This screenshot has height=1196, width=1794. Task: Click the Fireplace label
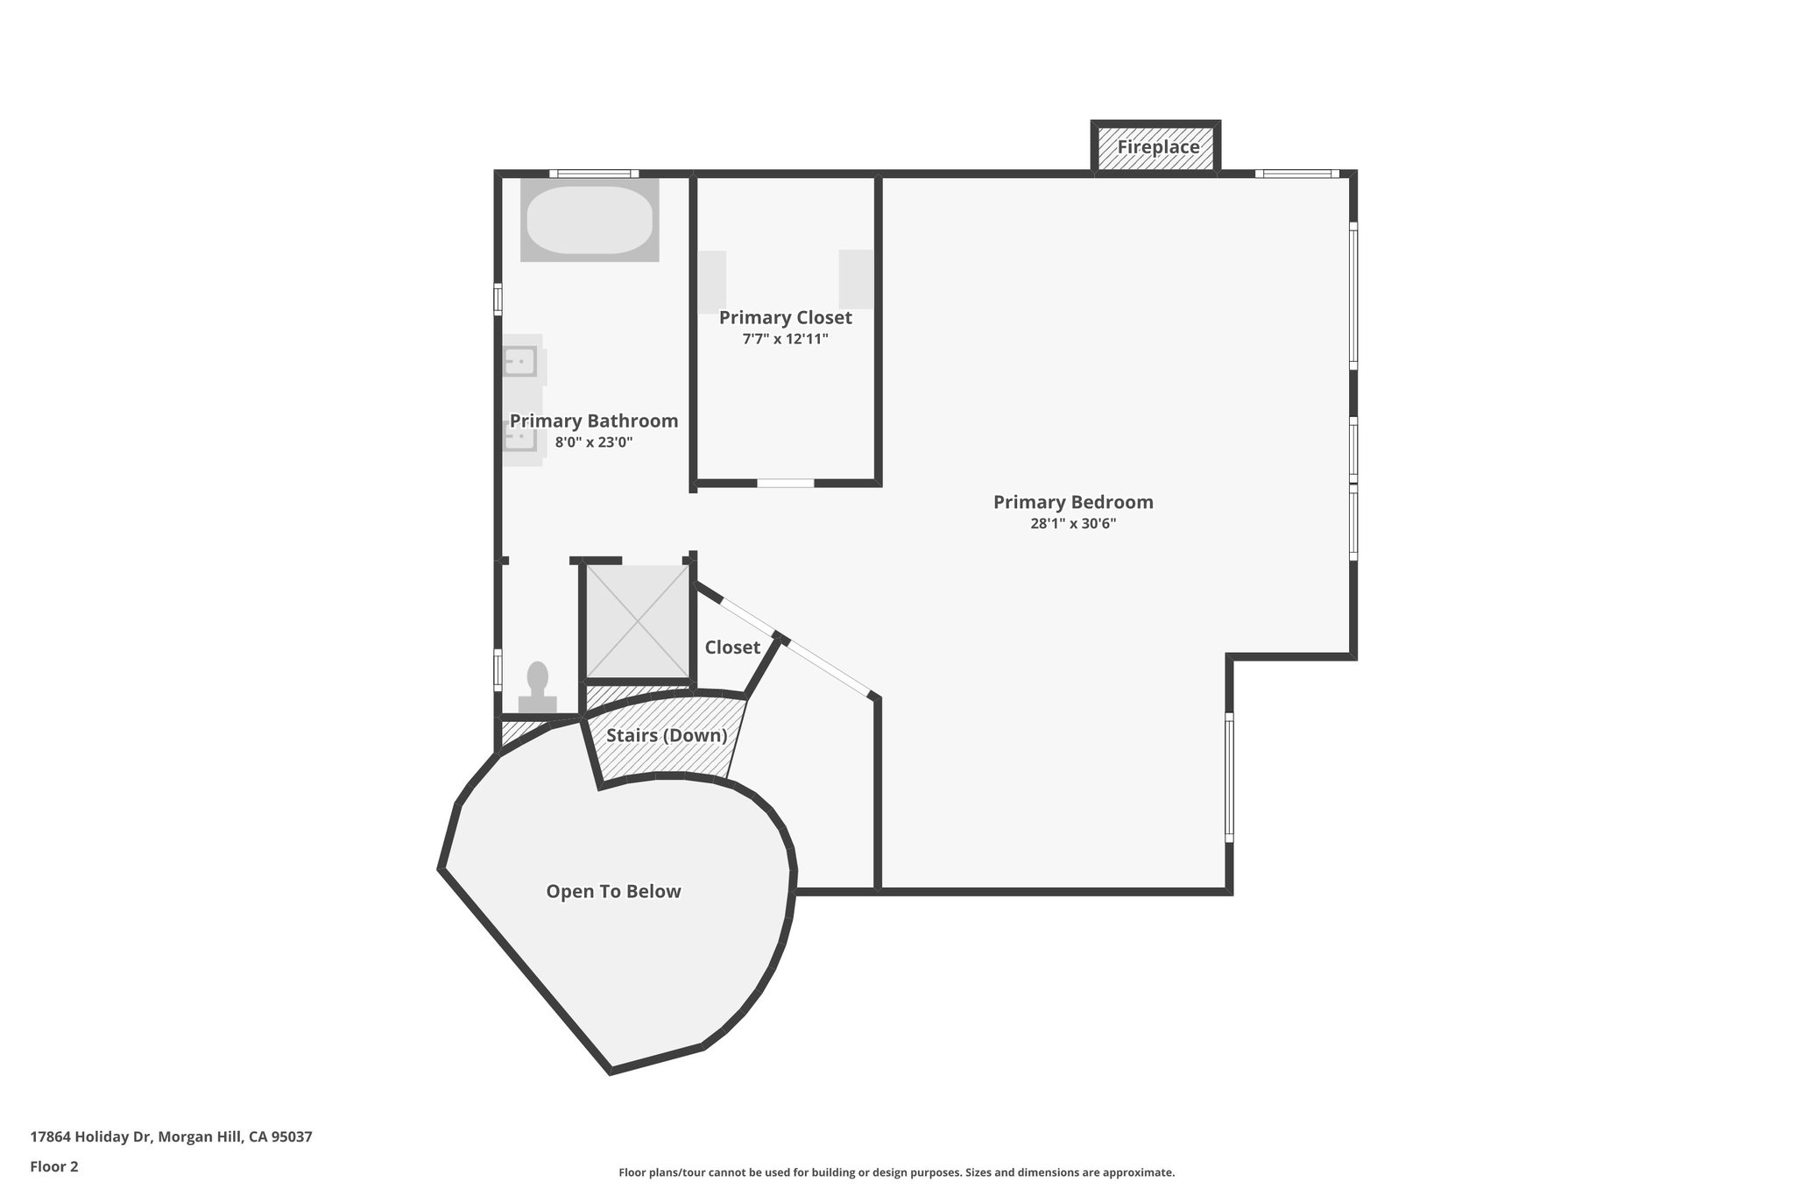(x=1157, y=147)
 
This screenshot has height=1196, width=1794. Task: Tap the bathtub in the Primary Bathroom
(x=590, y=219)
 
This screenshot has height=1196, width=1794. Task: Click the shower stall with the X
(x=638, y=621)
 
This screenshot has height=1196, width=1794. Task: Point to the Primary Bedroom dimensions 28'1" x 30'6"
(x=1073, y=524)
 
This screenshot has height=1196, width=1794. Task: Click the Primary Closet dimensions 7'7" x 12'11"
(x=785, y=339)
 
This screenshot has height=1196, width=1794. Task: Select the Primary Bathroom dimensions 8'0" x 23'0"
(x=593, y=442)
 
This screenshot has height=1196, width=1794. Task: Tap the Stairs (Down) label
(x=667, y=735)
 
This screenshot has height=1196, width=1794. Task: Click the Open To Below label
(x=613, y=891)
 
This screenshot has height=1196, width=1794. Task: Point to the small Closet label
(x=732, y=648)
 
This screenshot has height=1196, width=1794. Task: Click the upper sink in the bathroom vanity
(x=519, y=361)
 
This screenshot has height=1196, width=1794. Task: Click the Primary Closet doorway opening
(x=786, y=483)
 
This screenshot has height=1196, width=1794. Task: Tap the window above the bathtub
(x=594, y=173)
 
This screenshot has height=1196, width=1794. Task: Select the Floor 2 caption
(x=54, y=1166)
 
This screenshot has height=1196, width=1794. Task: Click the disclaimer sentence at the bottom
(x=896, y=1172)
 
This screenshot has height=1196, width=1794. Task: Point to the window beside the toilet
(x=498, y=669)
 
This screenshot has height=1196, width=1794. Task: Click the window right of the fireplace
(x=1297, y=173)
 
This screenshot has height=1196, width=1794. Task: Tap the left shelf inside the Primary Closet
(x=712, y=281)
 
